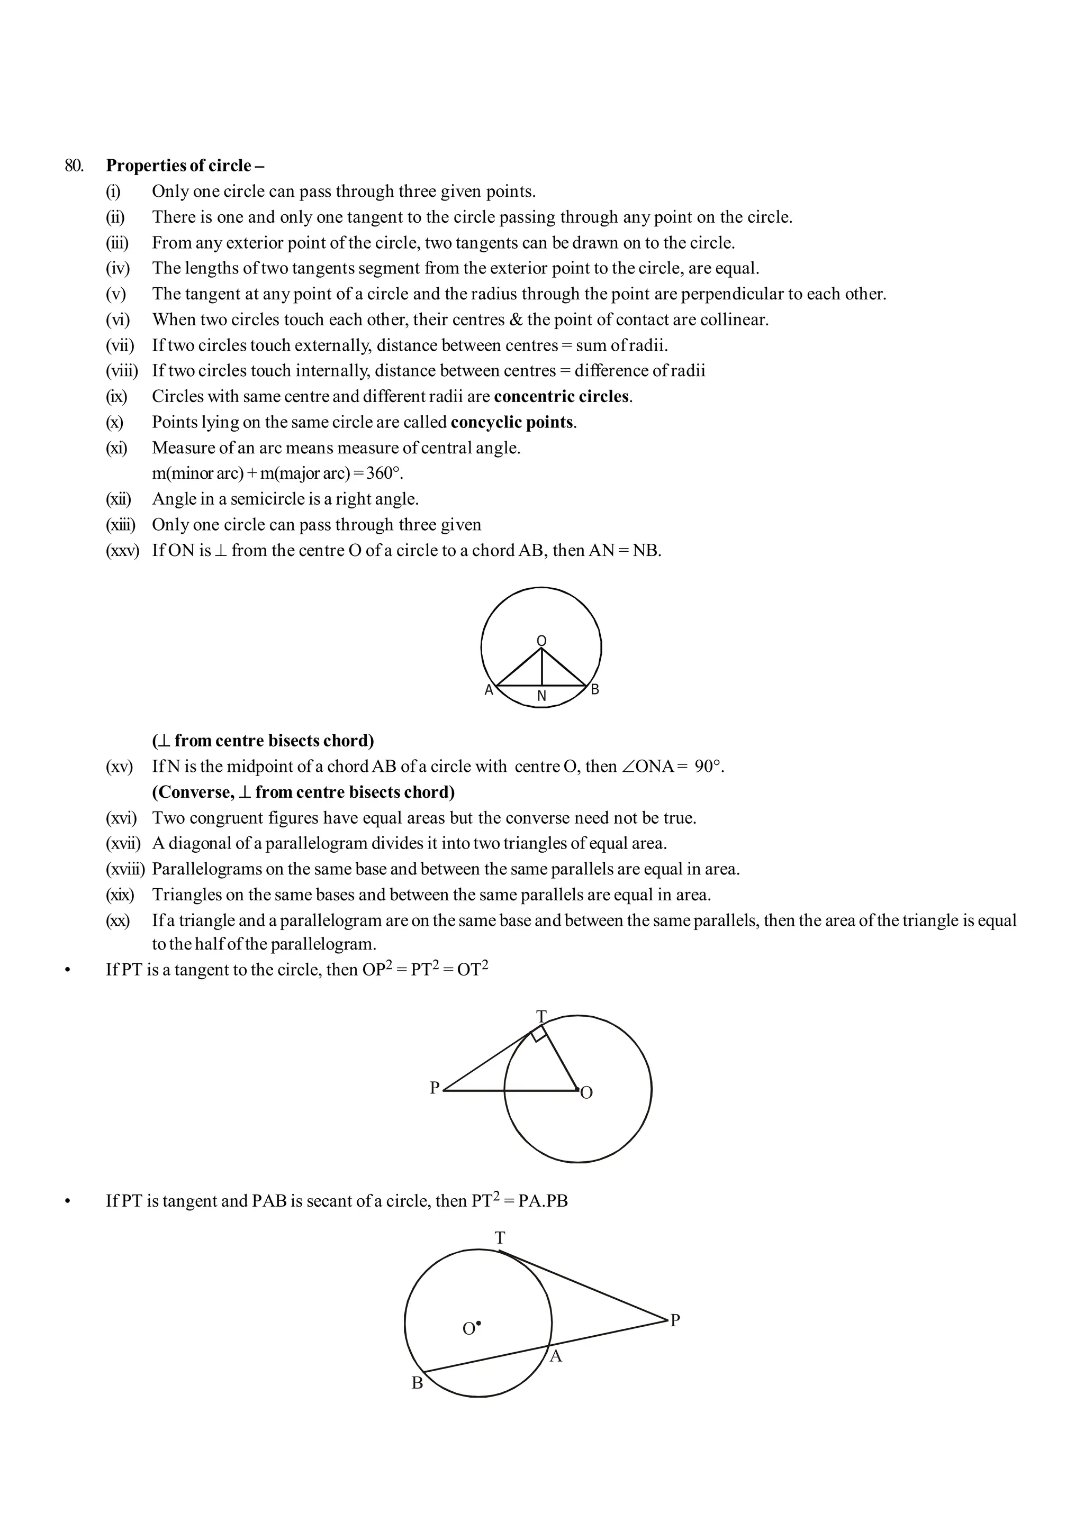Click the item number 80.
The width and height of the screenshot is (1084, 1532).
pos(74,166)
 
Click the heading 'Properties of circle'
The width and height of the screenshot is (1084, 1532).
pos(179,166)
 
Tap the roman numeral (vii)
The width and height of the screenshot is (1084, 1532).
pos(120,345)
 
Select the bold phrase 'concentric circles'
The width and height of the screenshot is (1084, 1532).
pos(562,396)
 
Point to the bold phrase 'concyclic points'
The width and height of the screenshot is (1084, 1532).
pos(512,422)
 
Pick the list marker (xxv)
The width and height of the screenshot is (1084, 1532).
pos(122,551)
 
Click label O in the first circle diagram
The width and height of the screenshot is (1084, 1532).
pos(541,641)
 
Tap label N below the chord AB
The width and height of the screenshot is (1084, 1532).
pos(541,697)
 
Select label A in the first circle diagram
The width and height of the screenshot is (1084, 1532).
pos(489,690)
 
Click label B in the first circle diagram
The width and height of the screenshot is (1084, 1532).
pos(595,690)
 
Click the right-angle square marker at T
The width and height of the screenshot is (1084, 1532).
pos(539,1035)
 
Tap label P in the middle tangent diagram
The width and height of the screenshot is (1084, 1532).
pos(435,1088)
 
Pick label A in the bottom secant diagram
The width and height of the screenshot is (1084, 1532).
pos(555,1356)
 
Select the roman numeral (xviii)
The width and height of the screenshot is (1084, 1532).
pos(125,870)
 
